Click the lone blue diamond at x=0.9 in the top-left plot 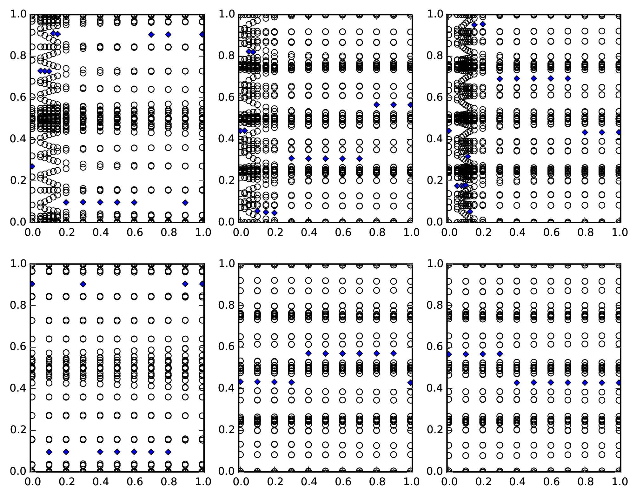(185, 203)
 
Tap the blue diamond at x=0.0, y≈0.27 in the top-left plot (32, 166)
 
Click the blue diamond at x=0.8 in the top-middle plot (377, 105)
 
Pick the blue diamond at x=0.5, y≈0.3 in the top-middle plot (325, 158)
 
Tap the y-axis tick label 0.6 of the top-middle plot (226, 97)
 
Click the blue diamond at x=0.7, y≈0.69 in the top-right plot (568, 78)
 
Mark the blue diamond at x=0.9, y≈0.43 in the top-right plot (602, 132)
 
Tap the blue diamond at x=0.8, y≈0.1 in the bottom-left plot (168, 452)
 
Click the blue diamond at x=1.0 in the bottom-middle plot (411, 383)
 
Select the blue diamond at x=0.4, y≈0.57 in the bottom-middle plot (308, 353)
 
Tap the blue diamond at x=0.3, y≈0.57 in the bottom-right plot (500, 353)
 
